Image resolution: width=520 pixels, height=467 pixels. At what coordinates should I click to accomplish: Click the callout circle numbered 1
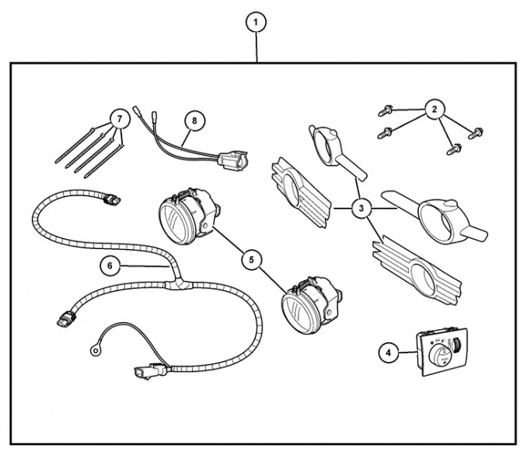click(x=257, y=23)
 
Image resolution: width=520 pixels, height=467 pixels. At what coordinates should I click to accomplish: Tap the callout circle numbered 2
click(x=434, y=108)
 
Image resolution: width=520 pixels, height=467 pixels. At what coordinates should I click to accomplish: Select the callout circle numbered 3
click(x=361, y=209)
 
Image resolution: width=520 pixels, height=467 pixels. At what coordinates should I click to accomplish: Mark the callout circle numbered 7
click(x=118, y=119)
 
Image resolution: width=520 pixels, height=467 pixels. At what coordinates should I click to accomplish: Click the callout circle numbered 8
click(x=195, y=120)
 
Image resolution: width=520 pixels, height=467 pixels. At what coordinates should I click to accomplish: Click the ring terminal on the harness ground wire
click(x=96, y=351)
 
